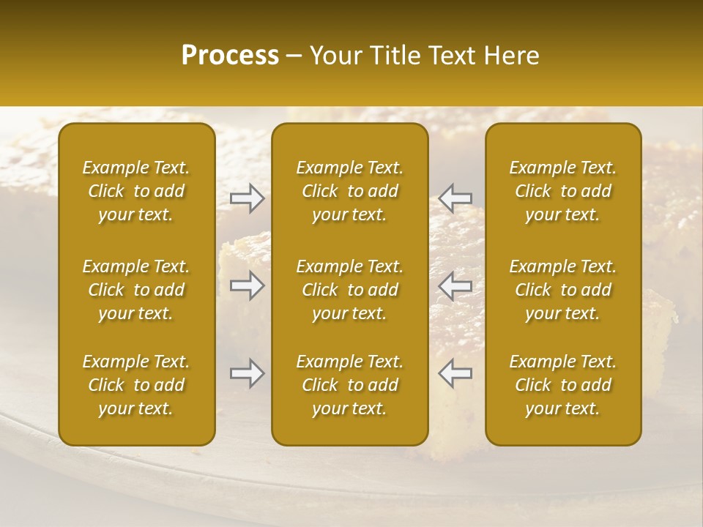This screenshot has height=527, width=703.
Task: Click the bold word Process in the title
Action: pyautogui.click(x=230, y=56)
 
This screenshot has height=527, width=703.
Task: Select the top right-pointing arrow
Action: pyautogui.click(x=247, y=198)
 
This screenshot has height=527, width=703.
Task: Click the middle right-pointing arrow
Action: pyautogui.click(x=247, y=285)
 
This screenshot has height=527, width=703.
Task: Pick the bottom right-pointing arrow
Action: pyautogui.click(x=247, y=373)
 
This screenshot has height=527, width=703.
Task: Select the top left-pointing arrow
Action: pyautogui.click(x=455, y=198)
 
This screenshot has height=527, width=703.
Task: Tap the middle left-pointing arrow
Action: pyautogui.click(x=455, y=285)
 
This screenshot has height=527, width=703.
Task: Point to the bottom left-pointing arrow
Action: pyautogui.click(x=455, y=373)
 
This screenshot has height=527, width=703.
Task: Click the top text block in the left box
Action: pyautogui.click(x=136, y=191)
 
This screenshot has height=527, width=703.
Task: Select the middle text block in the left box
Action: pyautogui.click(x=136, y=290)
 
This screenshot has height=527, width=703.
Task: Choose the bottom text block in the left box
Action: pyautogui.click(x=136, y=385)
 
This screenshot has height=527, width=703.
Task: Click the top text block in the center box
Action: pyautogui.click(x=350, y=191)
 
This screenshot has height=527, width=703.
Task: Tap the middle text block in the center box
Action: pyautogui.click(x=350, y=290)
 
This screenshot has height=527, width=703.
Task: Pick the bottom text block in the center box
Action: pyautogui.click(x=350, y=385)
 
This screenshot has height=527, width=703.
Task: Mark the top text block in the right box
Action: pyautogui.click(x=563, y=191)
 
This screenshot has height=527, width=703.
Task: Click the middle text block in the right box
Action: pyautogui.click(x=563, y=290)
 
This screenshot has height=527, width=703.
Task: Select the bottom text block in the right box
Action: pyautogui.click(x=563, y=385)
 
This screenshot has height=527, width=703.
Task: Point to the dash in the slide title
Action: pyautogui.click(x=294, y=56)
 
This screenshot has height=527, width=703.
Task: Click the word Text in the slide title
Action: pyautogui.click(x=451, y=56)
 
